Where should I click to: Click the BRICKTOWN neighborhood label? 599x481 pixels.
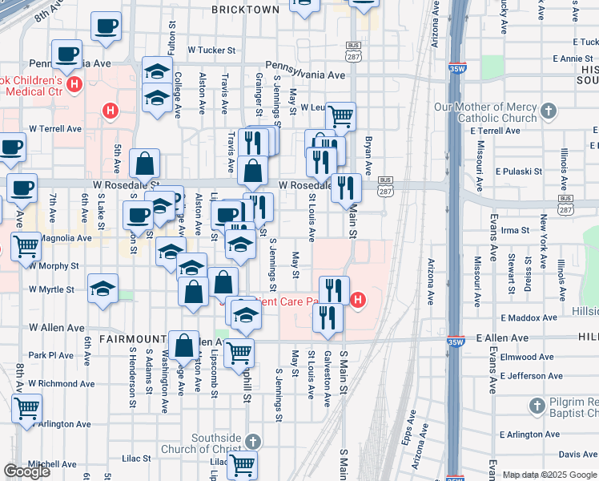tap(246, 10)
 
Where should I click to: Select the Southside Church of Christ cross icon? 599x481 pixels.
tap(252, 442)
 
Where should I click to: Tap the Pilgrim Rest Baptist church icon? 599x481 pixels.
tap(538, 406)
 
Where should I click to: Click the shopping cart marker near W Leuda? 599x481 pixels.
tap(341, 116)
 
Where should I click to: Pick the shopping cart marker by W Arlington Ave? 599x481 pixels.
tap(26, 408)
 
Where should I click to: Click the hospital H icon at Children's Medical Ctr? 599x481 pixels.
tap(75, 83)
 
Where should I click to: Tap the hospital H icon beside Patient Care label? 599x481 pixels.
tap(358, 301)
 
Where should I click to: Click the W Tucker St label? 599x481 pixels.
tap(212, 49)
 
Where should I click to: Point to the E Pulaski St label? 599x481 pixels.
tap(520, 172)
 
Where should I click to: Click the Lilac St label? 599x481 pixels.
tap(137, 459)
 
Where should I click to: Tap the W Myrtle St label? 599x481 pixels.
tap(51, 289)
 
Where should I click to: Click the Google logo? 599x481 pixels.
tap(26, 471)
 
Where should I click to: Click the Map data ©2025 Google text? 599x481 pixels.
tap(549, 475)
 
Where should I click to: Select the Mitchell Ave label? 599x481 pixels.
tap(53, 464)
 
